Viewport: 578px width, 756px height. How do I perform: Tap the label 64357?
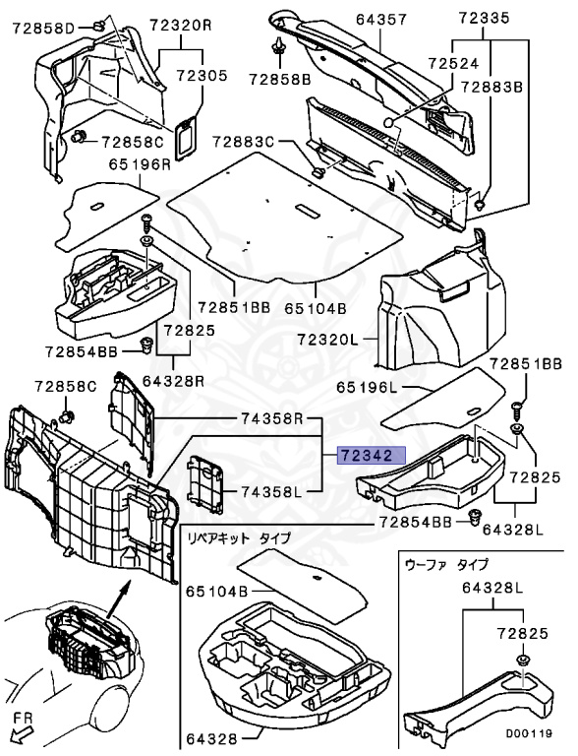[x=381, y=20]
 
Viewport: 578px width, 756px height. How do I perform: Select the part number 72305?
[x=201, y=76]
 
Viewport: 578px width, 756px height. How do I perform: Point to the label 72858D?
[x=43, y=28]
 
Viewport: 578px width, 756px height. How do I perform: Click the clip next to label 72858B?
[x=279, y=47]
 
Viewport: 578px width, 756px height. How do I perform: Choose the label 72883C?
[x=244, y=142]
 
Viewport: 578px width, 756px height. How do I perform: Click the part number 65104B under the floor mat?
[x=316, y=308]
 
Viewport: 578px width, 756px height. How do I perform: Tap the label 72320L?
[x=328, y=340]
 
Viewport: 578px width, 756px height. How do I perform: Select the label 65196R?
[x=140, y=164]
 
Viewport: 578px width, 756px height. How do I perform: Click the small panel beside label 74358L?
[x=206, y=482]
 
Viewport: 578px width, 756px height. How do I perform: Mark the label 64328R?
[x=173, y=381]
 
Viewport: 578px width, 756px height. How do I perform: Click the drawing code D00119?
[x=529, y=733]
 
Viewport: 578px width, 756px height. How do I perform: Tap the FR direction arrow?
[x=21, y=736]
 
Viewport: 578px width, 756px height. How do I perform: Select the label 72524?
[x=454, y=64]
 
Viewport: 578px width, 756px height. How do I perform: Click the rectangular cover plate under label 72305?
[x=187, y=137]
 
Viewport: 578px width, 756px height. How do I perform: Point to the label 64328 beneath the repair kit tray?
[x=212, y=738]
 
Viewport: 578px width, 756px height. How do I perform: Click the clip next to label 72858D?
[x=98, y=25]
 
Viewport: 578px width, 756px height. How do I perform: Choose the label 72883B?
[x=492, y=87]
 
